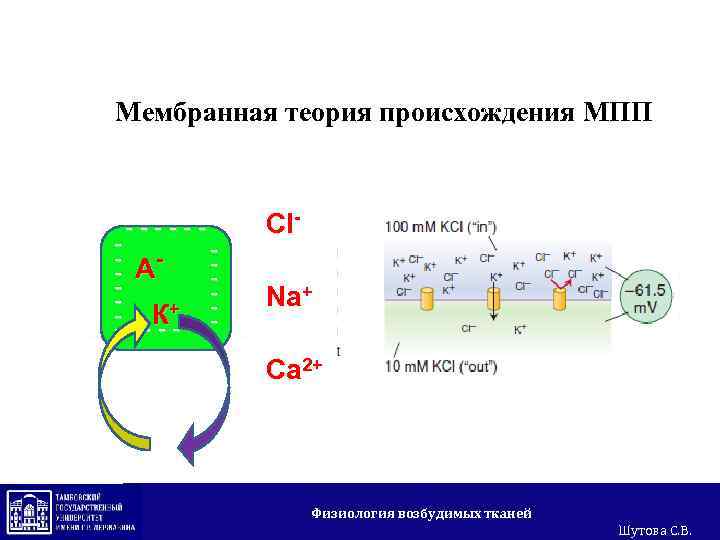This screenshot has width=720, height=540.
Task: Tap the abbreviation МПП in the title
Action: tap(614, 112)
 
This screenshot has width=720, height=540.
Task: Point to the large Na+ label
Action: tap(289, 296)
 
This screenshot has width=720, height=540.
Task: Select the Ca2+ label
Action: tap(293, 370)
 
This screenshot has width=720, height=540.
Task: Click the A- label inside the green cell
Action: tap(149, 267)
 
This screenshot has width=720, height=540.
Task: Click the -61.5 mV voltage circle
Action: tap(644, 298)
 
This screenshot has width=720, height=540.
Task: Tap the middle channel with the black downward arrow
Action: tap(493, 298)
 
